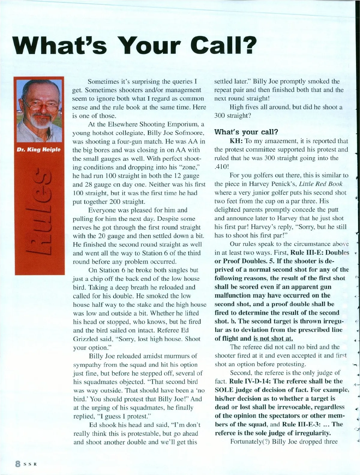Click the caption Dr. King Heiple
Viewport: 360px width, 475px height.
tap(39, 149)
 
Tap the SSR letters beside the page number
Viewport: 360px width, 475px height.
tap(30, 464)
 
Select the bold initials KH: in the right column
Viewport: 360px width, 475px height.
tap(236, 141)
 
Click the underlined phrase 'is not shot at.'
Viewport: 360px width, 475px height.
tap(273, 338)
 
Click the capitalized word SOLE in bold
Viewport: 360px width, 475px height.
tap(225, 390)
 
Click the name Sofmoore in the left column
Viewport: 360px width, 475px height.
tap(188, 133)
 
